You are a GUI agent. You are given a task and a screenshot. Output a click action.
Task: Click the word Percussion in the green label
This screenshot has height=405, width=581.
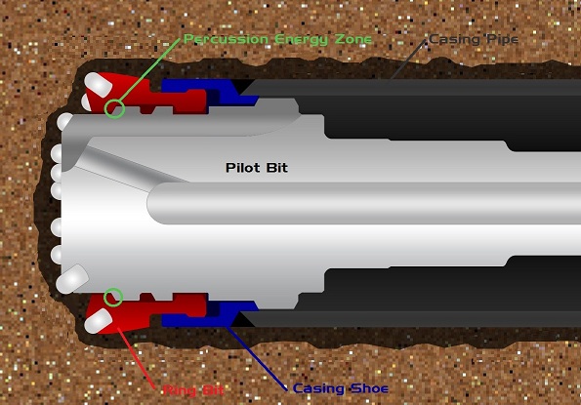pos(226,39)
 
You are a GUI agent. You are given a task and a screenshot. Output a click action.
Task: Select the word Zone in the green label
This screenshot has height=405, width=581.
pos(353,39)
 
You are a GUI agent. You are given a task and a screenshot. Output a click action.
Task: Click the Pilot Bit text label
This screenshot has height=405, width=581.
pos(257,168)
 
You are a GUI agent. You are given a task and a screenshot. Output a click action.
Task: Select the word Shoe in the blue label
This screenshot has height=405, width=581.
pos(369,388)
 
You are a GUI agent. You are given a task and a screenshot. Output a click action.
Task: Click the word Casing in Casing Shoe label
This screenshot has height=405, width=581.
pos(319,389)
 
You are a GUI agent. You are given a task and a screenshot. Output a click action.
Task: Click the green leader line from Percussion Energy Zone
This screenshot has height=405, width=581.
pos(150,68)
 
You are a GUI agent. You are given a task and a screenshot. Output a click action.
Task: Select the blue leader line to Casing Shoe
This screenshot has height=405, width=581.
pos(257,358)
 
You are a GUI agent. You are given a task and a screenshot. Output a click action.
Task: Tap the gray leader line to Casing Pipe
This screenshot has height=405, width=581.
pos(408,60)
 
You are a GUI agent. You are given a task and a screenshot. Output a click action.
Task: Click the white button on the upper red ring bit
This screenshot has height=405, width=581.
pos(99,85)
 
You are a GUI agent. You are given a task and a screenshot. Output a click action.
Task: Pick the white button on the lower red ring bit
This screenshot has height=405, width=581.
pos(99,321)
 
